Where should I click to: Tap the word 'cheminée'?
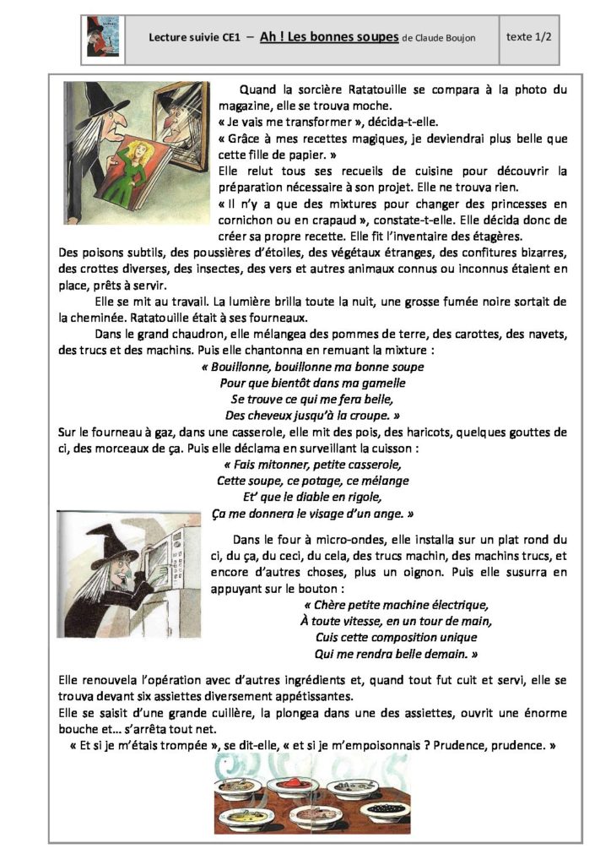point(84,318)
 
